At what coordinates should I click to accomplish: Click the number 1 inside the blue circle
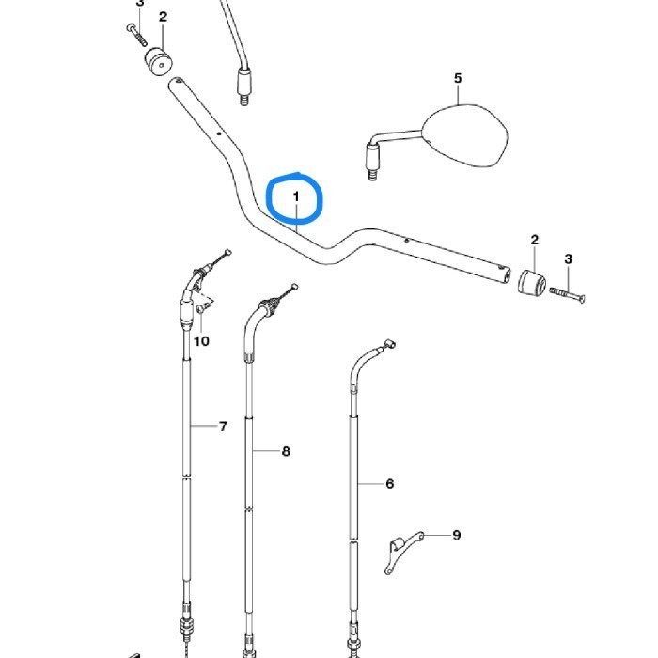(x=296, y=196)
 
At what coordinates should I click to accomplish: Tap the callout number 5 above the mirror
(x=458, y=78)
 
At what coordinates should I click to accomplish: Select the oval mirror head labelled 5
(x=465, y=134)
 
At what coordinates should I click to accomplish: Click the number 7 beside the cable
(x=223, y=427)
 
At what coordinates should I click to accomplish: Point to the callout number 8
(x=286, y=451)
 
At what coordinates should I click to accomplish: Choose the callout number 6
(x=390, y=484)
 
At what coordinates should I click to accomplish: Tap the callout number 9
(x=457, y=535)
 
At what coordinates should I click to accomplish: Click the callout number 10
(x=201, y=341)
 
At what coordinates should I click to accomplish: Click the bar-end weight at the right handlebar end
(x=533, y=283)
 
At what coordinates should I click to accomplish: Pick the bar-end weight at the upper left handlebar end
(x=159, y=61)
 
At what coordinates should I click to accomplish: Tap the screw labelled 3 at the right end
(x=568, y=294)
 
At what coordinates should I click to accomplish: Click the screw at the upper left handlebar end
(x=137, y=35)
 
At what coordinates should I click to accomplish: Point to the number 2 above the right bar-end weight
(x=534, y=240)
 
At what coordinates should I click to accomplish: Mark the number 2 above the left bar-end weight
(x=163, y=17)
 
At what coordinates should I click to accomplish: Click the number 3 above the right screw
(x=568, y=259)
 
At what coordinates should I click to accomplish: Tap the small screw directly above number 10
(x=201, y=308)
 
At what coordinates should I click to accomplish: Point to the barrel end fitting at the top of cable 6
(x=390, y=345)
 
